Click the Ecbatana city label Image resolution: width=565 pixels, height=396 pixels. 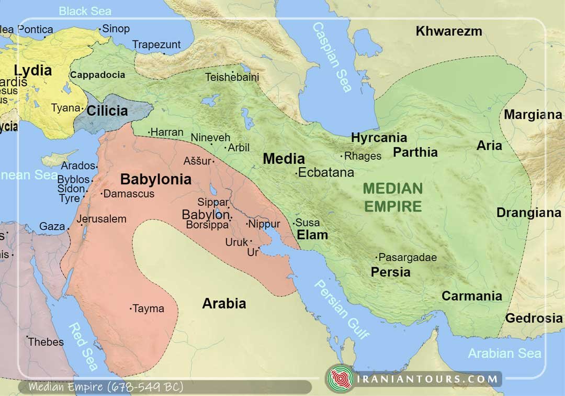coord(326,172)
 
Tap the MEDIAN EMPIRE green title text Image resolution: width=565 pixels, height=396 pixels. coord(393,197)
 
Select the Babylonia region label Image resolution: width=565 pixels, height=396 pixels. coord(155,179)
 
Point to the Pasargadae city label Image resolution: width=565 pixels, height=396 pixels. coord(407,257)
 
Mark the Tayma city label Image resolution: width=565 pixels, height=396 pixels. coord(148,309)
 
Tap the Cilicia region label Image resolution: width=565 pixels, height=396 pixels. coord(107,111)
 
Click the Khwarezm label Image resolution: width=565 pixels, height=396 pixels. coord(448,31)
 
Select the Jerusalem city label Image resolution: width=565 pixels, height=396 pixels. coord(101,219)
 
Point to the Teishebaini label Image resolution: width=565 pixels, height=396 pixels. coord(232,77)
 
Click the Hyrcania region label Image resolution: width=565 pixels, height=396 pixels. coord(379,138)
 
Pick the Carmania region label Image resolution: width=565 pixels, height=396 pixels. coord(471,296)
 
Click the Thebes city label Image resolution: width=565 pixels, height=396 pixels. coord(46,342)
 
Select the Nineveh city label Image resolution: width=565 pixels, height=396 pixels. coord(210,138)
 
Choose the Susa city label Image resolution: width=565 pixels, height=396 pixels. coord(308,223)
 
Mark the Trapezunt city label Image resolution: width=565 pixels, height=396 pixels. coord(156,45)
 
